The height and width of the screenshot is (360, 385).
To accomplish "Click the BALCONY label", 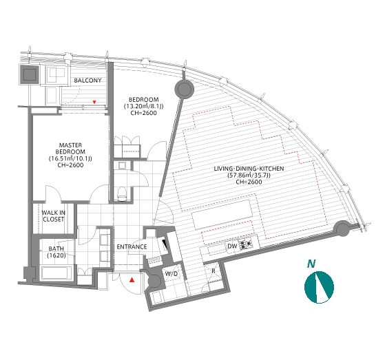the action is click(x=87, y=81).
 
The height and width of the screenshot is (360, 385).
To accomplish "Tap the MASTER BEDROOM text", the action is click(x=70, y=148).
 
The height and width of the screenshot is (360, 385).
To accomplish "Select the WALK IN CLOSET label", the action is click(x=53, y=216).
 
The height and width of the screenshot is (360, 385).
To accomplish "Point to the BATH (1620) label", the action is click(x=56, y=252).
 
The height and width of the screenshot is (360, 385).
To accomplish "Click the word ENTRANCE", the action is click(x=132, y=246).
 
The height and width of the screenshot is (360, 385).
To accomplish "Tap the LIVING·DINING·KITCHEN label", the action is click(x=249, y=169).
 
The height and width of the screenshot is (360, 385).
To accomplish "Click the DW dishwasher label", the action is click(x=232, y=246).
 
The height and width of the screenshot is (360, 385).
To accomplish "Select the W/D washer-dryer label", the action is click(x=171, y=274).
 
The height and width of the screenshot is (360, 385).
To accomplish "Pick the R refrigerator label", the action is click(x=214, y=271).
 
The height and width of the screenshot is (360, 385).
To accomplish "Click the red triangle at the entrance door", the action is click(x=132, y=279).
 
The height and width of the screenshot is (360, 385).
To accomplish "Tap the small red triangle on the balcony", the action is click(x=94, y=102).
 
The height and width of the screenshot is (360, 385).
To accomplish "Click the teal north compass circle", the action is click(x=319, y=287).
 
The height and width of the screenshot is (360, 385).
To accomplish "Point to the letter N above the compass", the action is click(x=311, y=264).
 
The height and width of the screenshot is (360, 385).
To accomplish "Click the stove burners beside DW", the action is click(x=246, y=244).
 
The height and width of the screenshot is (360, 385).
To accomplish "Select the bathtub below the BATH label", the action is click(x=56, y=274).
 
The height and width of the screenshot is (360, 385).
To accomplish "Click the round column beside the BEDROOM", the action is click(x=184, y=89).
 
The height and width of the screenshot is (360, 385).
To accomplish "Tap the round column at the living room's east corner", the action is click(x=342, y=229).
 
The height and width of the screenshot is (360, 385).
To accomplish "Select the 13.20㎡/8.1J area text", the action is click(x=144, y=106).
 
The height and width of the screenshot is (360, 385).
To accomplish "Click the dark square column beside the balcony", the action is click(x=30, y=74).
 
